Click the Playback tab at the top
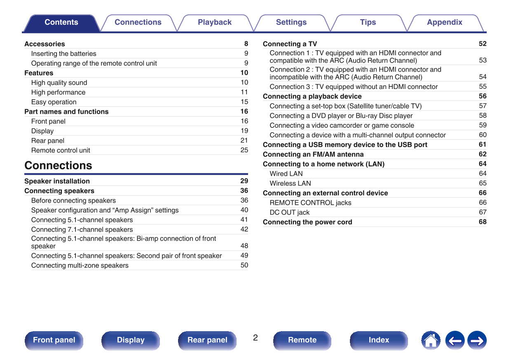tap(215, 23)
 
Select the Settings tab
tap(291, 23)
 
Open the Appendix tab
tap(444, 23)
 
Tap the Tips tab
tap(368, 23)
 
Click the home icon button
tap(431, 341)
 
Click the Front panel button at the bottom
tap(54, 340)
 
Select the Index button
tap(379, 340)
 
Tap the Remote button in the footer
tap(302, 340)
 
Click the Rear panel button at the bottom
tap(207, 340)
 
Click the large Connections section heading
tap(58, 166)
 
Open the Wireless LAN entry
tap(290, 183)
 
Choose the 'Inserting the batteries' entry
tap(63, 54)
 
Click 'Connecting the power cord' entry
tap(307, 222)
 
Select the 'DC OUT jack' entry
tap(289, 213)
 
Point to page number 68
tap(483, 222)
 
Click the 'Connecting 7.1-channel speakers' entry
tap(82, 229)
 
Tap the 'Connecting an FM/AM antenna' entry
tap(313, 154)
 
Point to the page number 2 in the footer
tap(255, 338)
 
